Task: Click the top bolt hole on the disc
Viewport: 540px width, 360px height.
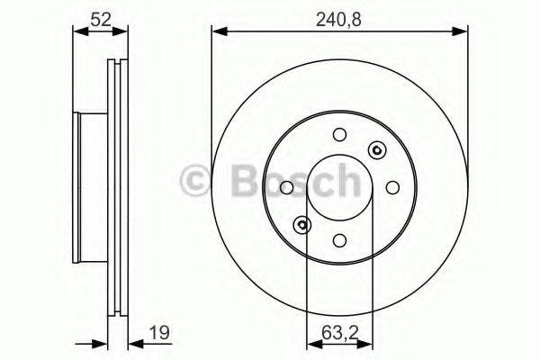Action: click(339, 135)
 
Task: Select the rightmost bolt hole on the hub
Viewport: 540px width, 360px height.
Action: click(392, 187)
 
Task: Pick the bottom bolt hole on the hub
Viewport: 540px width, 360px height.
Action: click(339, 240)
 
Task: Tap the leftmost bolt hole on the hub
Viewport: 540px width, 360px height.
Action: click(286, 187)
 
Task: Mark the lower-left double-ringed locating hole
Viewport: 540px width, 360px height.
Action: click(301, 225)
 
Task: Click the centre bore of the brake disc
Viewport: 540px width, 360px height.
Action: click(339, 187)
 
